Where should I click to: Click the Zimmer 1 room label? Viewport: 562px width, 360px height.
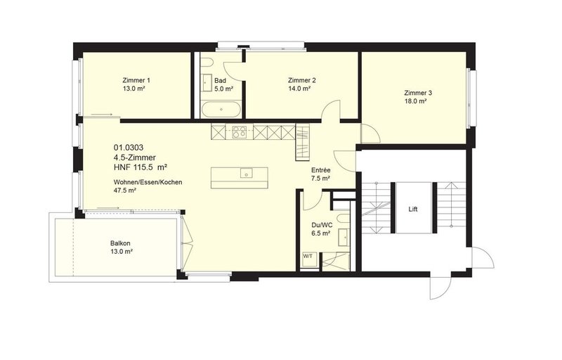[137, 80]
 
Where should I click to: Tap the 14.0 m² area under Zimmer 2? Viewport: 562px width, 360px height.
[299, 89]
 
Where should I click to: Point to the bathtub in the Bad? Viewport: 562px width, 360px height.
[220, 110]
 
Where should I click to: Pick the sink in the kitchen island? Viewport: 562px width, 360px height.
[247, 172]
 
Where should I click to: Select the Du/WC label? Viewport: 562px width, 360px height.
[320, 224]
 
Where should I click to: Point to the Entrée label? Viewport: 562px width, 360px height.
[320, 170]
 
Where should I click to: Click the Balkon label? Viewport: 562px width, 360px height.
[121, 242]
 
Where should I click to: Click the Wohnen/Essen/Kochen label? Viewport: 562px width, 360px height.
[148, 183]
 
